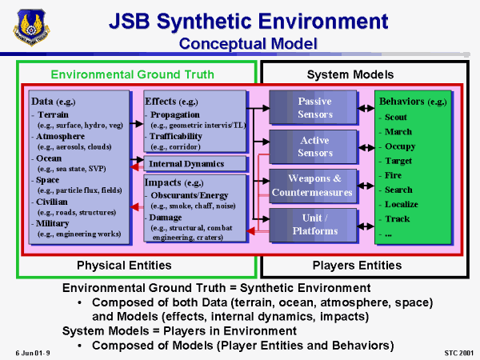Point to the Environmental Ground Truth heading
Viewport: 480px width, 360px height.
[x=132, y=74]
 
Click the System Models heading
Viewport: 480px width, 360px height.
[x=350, y=74]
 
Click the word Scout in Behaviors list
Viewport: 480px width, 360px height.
[x=397, y=117]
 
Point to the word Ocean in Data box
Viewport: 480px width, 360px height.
[x=50, y=158]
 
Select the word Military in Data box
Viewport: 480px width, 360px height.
[x=54, y=224]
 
